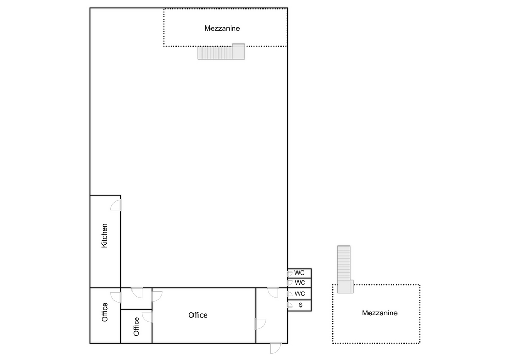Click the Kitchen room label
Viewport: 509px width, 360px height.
click(104, 235)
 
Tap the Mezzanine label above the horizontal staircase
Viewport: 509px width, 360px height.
click(222, 28)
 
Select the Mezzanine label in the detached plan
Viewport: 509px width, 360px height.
click(380, 313)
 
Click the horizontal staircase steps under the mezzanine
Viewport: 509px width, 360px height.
click(215, 53)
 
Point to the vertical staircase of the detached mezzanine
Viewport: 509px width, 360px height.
click(344, 264)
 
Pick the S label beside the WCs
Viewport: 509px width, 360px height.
click(300, 305)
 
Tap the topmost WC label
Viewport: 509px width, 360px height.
click(299, 273)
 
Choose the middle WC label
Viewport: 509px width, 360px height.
click(300, 283)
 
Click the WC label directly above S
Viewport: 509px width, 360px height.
click(300, 293)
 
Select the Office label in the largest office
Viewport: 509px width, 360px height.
click(198, 315)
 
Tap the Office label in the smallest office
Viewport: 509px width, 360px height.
click(136, 326)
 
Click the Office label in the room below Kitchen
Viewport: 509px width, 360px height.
click(104, 312)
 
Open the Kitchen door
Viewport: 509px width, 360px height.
click(116, 205)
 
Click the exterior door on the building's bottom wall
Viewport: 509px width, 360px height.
click(276, 348)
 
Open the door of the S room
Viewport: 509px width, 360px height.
click(289, 304)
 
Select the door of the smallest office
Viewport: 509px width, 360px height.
click(147, 317)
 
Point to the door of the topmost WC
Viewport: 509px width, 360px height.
click(289, 274)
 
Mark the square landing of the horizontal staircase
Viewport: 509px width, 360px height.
click(239, 51)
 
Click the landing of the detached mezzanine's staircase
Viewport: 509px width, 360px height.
click(345, 287)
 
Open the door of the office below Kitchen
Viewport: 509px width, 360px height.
click(116, 297)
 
